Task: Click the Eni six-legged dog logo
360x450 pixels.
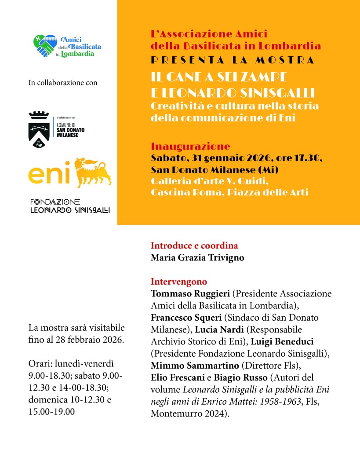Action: pos(92,172)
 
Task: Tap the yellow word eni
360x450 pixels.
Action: pos(49,174)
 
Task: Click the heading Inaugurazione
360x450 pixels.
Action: pos(190,146)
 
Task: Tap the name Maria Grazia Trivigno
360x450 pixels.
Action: pos(197,257)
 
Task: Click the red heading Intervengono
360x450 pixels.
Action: pos(178,281)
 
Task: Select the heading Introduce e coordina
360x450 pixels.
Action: pos(194,245)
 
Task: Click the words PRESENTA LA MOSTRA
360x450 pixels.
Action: pos(233,60)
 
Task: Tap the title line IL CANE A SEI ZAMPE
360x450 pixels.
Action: pos(219,77)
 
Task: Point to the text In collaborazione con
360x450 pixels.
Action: pos(62,82)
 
